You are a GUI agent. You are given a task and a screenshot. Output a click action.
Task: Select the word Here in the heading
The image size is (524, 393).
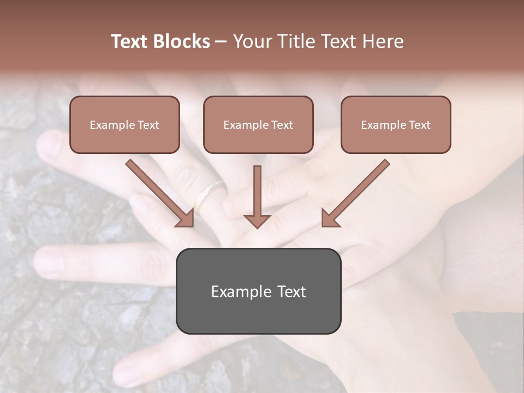[x=383, y=41]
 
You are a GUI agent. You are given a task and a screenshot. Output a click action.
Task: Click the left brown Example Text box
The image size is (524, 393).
[x=124, y=124]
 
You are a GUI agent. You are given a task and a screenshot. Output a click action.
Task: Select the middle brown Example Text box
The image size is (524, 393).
[x=258, y=124]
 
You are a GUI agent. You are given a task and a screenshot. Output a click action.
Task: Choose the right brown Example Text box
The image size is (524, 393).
[x=396, y=124]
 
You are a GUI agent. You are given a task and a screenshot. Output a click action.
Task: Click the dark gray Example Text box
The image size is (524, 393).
[x=258, y=291]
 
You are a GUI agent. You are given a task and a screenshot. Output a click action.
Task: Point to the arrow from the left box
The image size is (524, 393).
[x=158, y=192]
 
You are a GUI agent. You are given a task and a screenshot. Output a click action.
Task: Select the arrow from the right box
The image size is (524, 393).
[x=357, y=192]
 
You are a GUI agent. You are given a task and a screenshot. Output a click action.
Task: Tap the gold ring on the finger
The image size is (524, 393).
[x=210, y=193]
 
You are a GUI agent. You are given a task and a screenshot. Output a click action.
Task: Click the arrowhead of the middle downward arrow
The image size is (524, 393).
[x=257, y=221]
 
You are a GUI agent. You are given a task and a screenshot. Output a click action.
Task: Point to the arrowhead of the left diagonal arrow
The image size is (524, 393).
[x=186, y=218]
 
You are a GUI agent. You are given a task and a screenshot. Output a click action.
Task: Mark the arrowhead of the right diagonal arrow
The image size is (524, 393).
[x=330, y=218]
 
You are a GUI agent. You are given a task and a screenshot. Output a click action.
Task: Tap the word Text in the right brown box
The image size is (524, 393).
[x=419, y=125]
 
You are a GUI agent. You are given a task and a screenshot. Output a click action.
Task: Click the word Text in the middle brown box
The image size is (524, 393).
[x=282, y=125]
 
